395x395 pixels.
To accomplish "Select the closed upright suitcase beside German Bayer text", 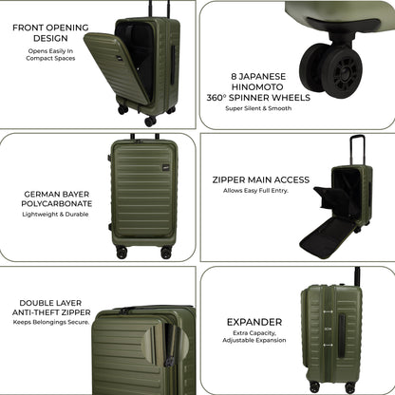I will tap(142, 194).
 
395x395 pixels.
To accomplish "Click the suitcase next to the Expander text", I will tap(331, 332).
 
